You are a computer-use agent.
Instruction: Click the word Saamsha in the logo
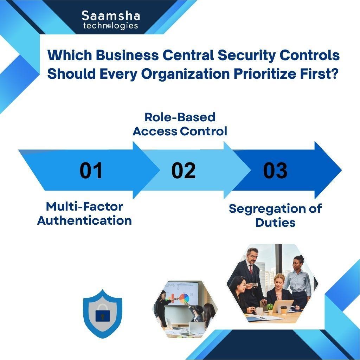point(111,15)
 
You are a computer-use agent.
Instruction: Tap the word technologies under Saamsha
point(111,26)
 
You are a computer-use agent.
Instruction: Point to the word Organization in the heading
point(185,74)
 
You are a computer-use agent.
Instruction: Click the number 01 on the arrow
point(91,170)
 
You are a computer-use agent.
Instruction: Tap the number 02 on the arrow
point(184,170)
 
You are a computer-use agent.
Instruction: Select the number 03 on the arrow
point(275,170)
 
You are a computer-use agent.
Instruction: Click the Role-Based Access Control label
point(180,124)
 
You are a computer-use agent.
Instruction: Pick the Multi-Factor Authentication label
point(84,213)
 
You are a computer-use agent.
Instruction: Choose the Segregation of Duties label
point(275,216)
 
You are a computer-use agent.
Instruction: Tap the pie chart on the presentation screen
point(184,298)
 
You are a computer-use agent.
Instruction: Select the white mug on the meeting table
point(259,311)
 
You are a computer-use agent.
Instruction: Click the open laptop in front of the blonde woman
point(283,306)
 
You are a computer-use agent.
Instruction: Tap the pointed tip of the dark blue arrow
point(341,170)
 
